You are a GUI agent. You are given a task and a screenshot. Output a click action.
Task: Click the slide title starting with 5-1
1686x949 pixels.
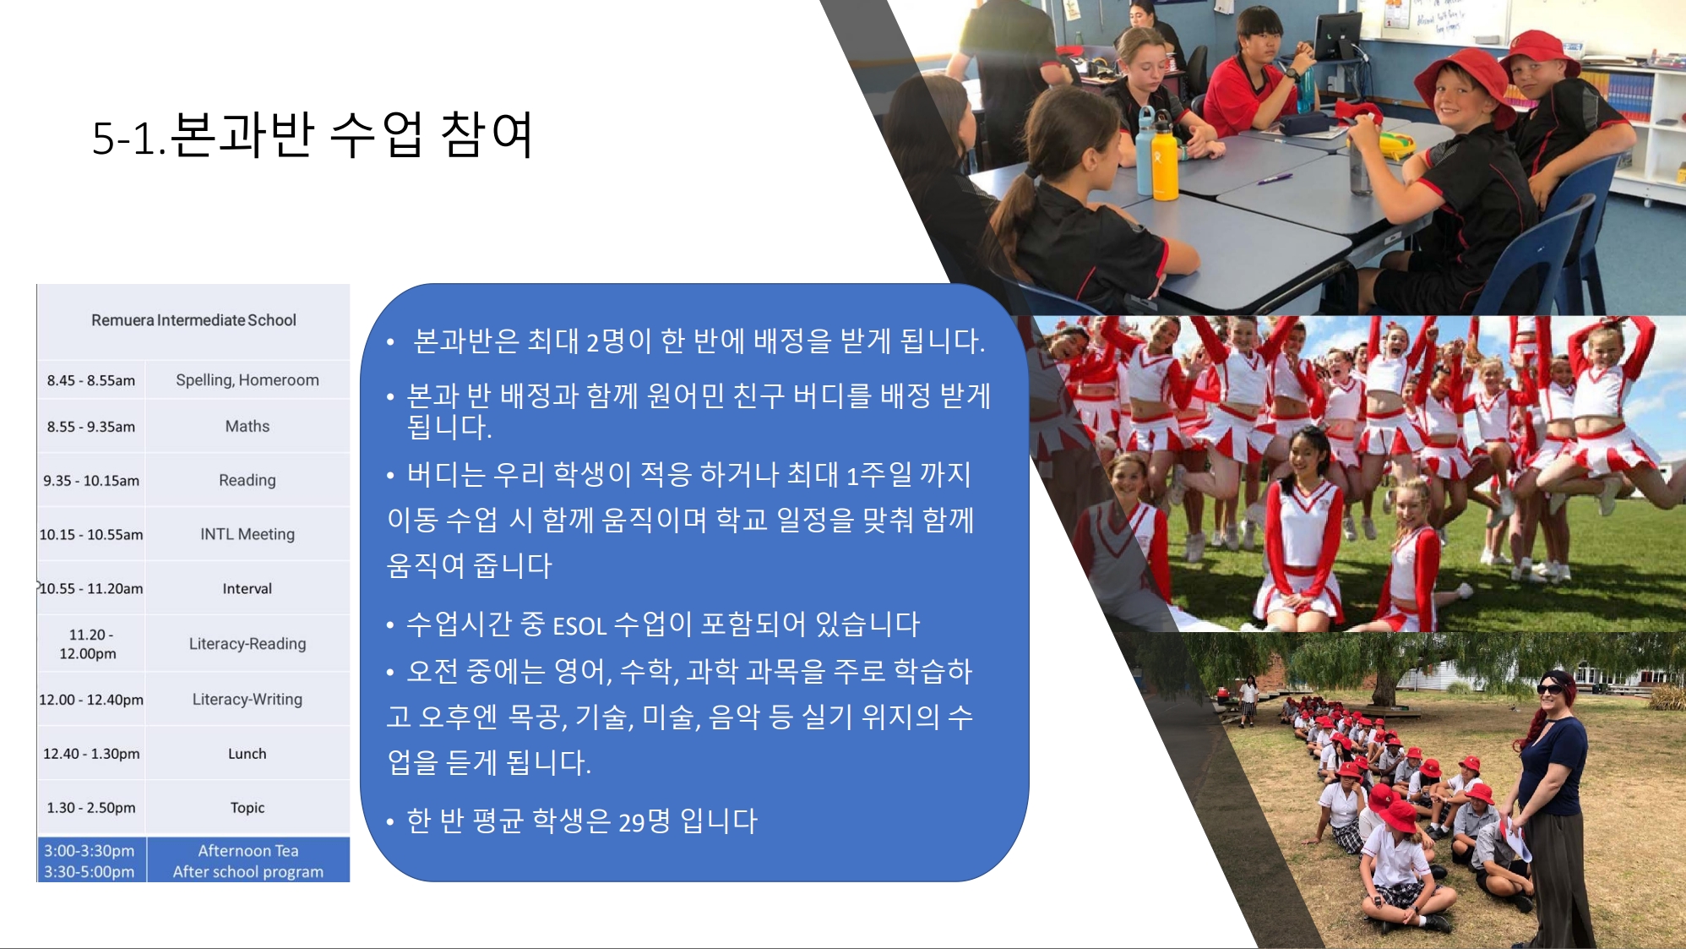point(313,135)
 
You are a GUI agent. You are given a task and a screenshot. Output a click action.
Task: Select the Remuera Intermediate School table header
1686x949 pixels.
point(193,320)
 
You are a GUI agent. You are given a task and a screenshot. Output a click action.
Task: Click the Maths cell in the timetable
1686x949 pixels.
point(247,427)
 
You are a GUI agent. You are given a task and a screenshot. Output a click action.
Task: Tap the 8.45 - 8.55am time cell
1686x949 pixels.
point(91,380)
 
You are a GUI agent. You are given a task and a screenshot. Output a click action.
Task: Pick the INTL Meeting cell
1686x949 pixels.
point(247,534)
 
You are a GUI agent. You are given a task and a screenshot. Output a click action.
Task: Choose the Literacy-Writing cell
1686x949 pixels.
point(247,699)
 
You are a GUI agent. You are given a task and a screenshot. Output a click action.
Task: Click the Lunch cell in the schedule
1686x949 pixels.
point(247,754)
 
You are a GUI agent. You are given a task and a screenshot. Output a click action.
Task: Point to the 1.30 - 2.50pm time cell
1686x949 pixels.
point(91,808)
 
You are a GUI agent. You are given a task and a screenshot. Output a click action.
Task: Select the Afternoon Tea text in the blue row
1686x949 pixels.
point(248,851)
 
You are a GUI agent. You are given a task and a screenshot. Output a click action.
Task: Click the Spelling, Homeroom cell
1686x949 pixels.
point(247,380)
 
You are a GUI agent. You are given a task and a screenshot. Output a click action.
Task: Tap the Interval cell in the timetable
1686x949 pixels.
point(247,588)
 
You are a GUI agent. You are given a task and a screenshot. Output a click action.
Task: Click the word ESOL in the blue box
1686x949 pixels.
point(579,626)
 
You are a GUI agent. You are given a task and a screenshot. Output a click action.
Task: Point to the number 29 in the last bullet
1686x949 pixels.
point(632,822)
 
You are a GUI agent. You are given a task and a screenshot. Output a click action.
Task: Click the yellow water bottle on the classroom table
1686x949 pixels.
point(1165,156)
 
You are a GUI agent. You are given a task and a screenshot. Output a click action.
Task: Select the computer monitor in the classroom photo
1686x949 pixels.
point(1337,38)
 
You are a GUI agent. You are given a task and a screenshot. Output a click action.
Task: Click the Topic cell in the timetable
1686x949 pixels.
point(247,808)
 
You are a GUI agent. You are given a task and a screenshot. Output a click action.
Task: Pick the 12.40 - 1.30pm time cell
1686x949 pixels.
point(91,754)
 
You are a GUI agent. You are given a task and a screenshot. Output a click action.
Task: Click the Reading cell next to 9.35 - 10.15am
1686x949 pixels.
point(247,480)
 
